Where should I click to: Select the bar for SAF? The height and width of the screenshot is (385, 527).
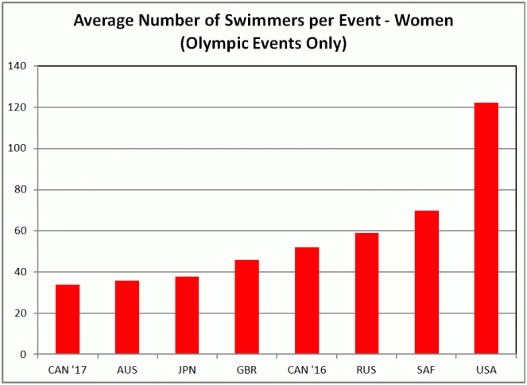(426, 282)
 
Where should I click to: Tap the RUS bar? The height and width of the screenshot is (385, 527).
(366, 294)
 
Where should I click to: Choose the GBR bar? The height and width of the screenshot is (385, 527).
(246, 307)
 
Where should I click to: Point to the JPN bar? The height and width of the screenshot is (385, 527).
(186, 315)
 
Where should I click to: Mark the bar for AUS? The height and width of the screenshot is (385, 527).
(127, 317)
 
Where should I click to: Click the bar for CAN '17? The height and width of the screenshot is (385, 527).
(67, 319)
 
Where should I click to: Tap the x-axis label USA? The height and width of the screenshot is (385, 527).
(486, 369)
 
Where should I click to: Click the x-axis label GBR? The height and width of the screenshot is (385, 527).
(246, 369)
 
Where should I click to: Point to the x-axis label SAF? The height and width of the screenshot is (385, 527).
(426, 369)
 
